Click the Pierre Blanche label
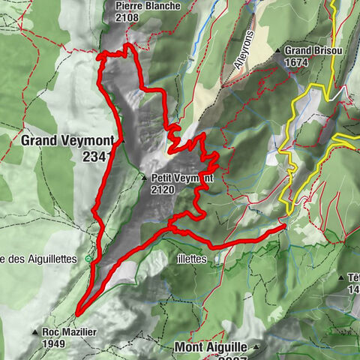[x=148, y=6]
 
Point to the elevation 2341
[x=98, y=156]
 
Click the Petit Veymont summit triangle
[x=144, y=178]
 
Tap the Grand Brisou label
[x=310, y=51]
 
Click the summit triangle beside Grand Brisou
[x=278, y=51]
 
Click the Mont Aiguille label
[x=212, y=347]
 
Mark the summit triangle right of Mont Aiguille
[x=256, y=347]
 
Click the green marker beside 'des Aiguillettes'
[x=89, y=259]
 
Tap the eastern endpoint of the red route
[x=284, y=226]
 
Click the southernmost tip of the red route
[x=76, y=313]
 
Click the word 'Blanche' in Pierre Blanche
[x=163, y=6]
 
